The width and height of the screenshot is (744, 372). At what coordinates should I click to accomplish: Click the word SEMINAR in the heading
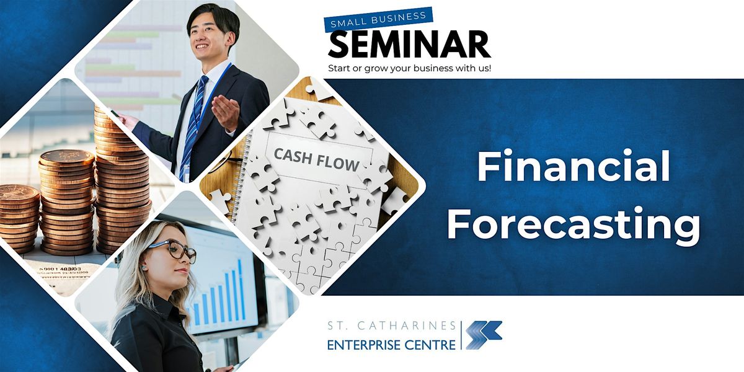[x=409, y=45]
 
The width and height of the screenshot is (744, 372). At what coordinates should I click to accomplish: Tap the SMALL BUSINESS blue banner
[x=379, y=19]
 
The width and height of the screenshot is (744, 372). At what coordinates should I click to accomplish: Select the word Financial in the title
[x=573, y=166]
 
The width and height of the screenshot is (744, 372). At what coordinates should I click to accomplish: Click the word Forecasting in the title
[x=573, y=223]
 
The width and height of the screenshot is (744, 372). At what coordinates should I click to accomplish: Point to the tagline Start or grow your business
[x=409, y=68]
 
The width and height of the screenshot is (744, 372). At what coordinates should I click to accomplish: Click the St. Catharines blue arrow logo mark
[x=484, y=335]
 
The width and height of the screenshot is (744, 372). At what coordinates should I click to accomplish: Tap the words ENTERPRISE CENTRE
[x=391, y=345]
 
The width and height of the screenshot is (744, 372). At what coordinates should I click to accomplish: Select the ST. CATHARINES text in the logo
[x=392, y=326]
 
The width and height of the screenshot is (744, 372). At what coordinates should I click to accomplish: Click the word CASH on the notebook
[x=293, y=156]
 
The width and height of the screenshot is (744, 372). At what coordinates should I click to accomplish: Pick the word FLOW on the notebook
[x=338, y=162]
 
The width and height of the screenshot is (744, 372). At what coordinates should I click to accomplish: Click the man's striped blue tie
[x=193, y=126]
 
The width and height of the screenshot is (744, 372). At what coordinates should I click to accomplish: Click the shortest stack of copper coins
[x=19, y=219]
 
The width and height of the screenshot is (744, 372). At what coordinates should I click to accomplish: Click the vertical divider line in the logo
[x=461, y=335]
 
